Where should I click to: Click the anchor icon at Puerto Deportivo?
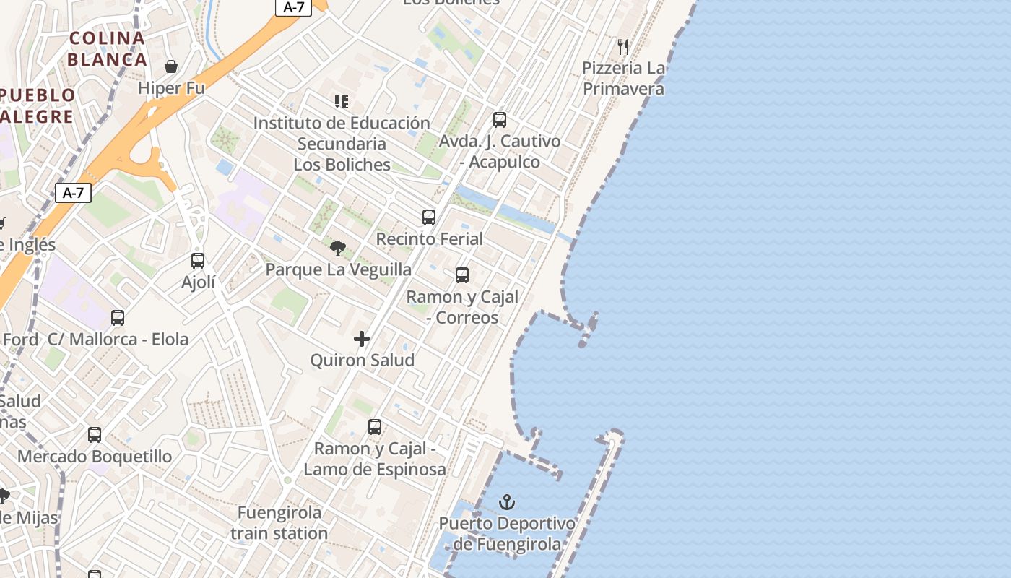point(508,502)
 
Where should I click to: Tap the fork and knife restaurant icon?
point(623,47)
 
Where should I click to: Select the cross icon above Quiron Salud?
point(362,339)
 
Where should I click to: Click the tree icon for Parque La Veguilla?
point(337,249)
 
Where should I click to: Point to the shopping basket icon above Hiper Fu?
point(171,67)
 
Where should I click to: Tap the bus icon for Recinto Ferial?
point(429,217)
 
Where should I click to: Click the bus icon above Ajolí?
point(198,261)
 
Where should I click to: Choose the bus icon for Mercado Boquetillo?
point(95,435)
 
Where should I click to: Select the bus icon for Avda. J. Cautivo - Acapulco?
point(500,120)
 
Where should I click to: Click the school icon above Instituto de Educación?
point(342,102)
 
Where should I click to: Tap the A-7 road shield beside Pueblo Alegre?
point(73,193)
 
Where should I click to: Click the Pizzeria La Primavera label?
point(623,79)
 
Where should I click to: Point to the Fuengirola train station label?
point(279,523)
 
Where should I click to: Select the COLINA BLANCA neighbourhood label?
point(108,48)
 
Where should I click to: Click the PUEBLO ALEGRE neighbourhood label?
point(38,105)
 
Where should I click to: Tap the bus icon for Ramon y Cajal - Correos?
point(462,275)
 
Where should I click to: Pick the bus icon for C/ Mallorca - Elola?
point(118,318)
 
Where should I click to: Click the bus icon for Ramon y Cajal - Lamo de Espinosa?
point(375,427)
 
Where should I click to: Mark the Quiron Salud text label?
point(363,360)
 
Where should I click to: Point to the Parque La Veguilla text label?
point(339,269)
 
